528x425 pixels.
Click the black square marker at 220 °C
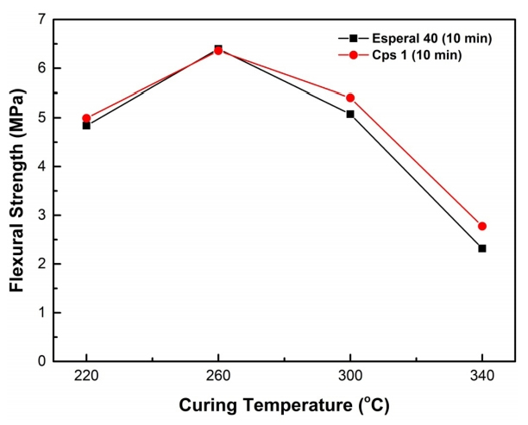[x=86, y=125]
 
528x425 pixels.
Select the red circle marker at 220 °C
[x=86, y=118]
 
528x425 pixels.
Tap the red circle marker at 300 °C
[x=350, y=97]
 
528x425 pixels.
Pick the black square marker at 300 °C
[x=350, y=114]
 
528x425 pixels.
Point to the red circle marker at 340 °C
[x=482, y=226]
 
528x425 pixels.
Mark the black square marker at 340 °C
[x=482, y=248]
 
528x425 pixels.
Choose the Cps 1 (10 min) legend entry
[x=406, y=54]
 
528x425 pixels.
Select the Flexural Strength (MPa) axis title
[x=16, y=190]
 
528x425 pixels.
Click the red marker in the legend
[x=353, y=54]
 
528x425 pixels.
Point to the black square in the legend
[x=353, y=38]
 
